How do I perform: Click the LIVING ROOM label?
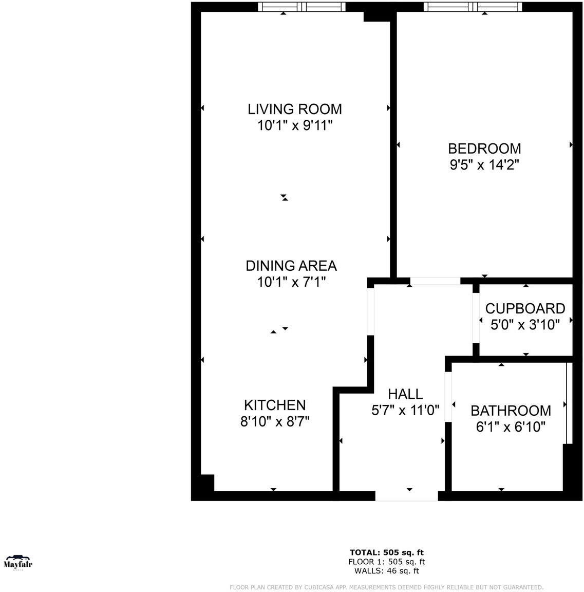click(x=295, y=109)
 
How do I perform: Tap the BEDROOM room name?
click(x=484, y=149)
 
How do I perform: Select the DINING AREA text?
click(x=291, y=266)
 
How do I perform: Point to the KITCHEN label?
click(x=275, y=405)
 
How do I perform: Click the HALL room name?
click(x=405, y=394)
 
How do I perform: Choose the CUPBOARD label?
click(x=525, y=308)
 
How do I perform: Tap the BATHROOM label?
click(x=511, y=411)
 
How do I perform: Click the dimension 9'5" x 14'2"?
click(x=484, y=165)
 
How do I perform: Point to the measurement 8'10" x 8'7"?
click(x=275, y=421)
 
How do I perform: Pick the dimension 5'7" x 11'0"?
click(x=405, y=411)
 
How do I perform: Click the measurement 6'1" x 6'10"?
click(x=511, y=427)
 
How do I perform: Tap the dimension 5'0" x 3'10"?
click(x=525, y=325)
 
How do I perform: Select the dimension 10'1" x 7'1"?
click(x=291, y=282)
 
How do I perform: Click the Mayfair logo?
click(x=18, y=563)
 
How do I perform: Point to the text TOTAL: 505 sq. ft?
click(x=386, y=553)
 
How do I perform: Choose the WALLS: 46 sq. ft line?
click(x=386, y=570)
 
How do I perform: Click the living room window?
click(x=301, y=7)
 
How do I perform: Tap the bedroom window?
click(x=473, y=7)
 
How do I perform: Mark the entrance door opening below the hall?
click(x=406, y=496)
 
